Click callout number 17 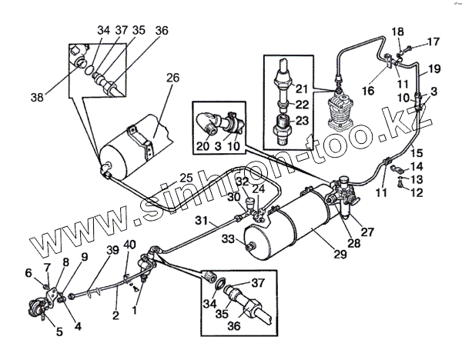434,41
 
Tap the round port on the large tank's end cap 250,246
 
